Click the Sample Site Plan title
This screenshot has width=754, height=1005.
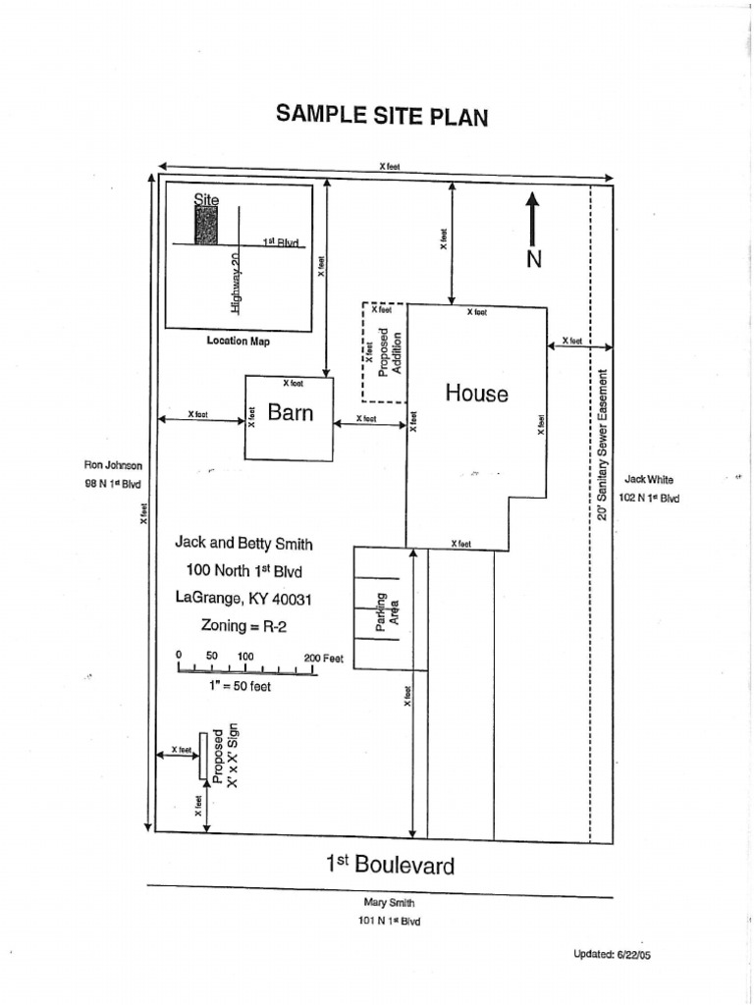[382, 116]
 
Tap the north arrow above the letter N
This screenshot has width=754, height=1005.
[532, 218]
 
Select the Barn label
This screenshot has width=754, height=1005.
[291, 412]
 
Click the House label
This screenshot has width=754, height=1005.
[477, 394]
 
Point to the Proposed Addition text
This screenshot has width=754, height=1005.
[390, 351]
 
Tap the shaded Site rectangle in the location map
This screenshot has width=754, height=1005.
[206, 225]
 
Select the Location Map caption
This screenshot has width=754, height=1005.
[238, 342]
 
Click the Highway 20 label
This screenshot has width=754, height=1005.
[236, 281]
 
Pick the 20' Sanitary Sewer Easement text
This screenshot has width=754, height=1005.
[603, 445]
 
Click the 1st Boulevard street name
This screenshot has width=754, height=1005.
[390, 865]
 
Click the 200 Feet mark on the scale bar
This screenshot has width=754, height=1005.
[324, 658]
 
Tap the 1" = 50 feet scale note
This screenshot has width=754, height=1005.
[240, 686]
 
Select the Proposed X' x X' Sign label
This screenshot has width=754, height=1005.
[226, 756]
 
